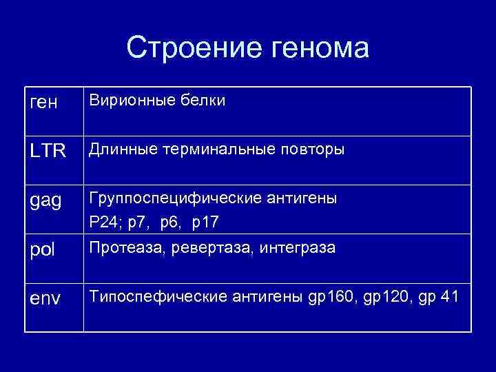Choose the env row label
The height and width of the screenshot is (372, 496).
(46, 300)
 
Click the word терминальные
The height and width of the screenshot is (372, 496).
(215, 149)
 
